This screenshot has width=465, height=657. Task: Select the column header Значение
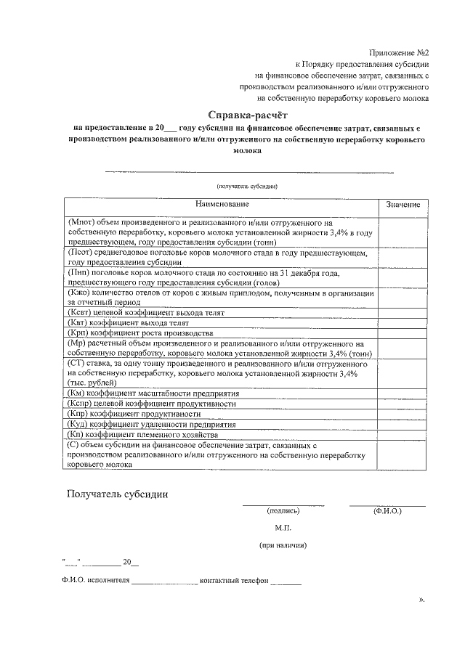tap(403, 207)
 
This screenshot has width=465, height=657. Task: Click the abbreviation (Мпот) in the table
tap(80, 223)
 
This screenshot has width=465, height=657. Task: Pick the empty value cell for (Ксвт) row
tap(403, 311)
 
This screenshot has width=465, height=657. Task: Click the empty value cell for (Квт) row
tap(403, 322)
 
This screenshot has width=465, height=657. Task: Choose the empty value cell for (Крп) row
tap(403, 332)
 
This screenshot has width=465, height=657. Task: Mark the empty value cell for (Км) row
tap(403, 393)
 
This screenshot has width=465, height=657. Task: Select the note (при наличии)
tap(283, 544)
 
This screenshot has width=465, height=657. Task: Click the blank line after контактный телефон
tap(286, 583)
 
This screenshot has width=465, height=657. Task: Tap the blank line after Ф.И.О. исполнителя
tap(164, 583)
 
